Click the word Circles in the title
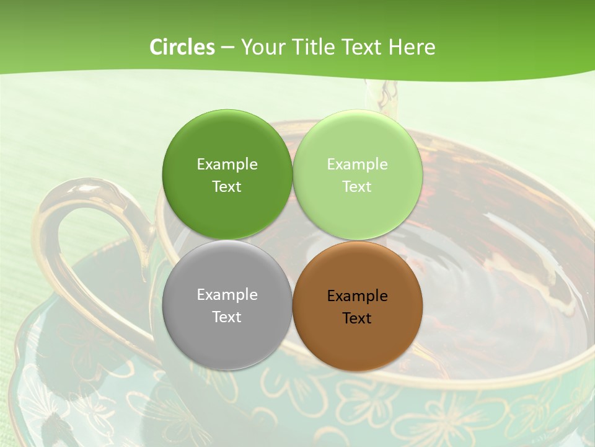(x=182, y=47)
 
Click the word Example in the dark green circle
(x=227, y=165)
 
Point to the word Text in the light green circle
(x=357, y=187)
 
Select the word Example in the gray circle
(x=227, y=295)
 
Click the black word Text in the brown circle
(x=357, y=318)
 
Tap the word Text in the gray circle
(x=227, y=317)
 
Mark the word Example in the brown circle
(x=357, y=296)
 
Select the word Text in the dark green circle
(x=227, y=187)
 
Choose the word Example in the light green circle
(x=357, y=165)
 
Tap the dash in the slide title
(x=227, y=48)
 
